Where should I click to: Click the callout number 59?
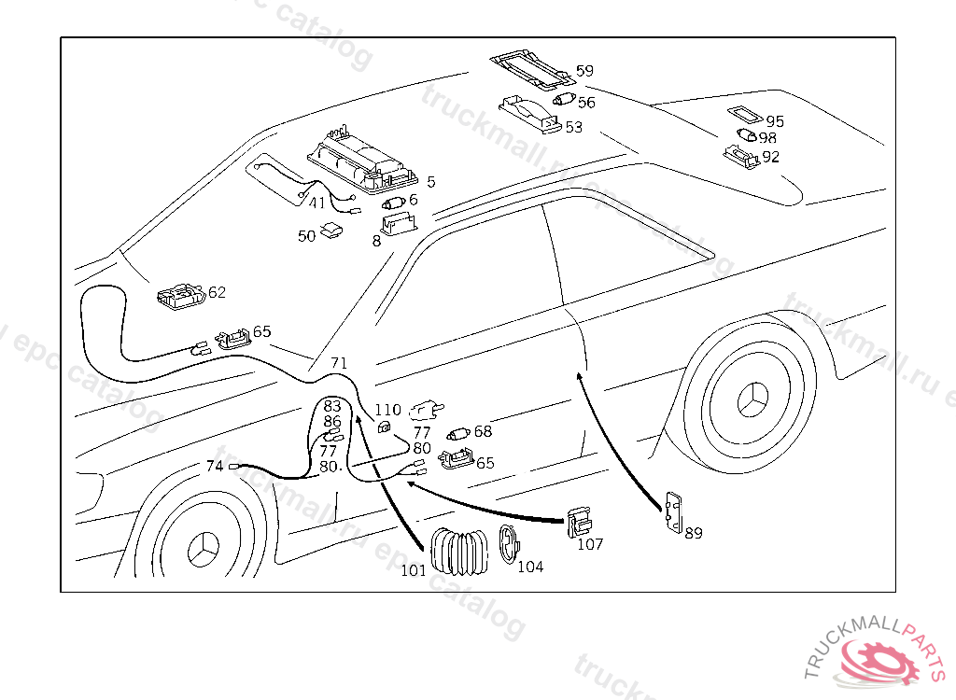tap(584, 71)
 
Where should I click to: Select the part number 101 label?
tap(414, 570)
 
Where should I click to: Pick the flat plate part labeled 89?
tap(674, 513)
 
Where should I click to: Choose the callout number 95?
tap(775, 122)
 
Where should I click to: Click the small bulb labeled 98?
tap(748, 136)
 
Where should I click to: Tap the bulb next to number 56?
tap(562, 100)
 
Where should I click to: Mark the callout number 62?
tap(217, 292)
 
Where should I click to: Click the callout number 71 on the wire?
tap(339, 363)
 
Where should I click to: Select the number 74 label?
tap(215, 466)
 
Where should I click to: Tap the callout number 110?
tap(387, 410)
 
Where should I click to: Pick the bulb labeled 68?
tap(457, 433)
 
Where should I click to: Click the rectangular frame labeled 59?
tap(529, 69)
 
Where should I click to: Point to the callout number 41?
tap(317, 203)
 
